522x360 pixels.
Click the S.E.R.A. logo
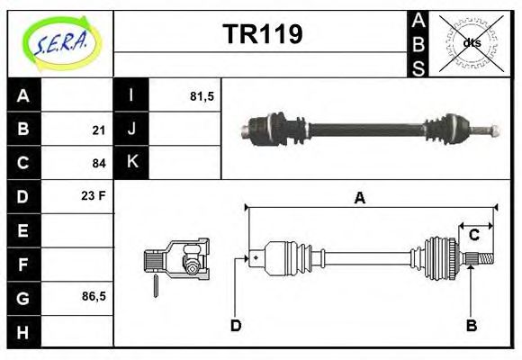coord(60,42)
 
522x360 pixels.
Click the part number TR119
coord(262,34)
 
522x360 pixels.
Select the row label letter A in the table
coord(23,95)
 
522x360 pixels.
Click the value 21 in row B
coord(99,130)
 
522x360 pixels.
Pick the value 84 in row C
coord(99,164)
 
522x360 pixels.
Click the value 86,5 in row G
coord(94,295)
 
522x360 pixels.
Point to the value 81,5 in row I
coord(202,95)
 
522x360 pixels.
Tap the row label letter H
coord(23,331)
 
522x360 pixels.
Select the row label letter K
coord(131,163)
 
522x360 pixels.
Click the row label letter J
coord(131,130)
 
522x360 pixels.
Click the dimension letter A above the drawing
coord(359,200)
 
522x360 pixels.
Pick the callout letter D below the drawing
coord(235,325)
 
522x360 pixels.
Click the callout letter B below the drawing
coord(470,325)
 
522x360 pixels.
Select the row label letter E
coord(23,230)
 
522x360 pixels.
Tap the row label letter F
coord(23,265)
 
